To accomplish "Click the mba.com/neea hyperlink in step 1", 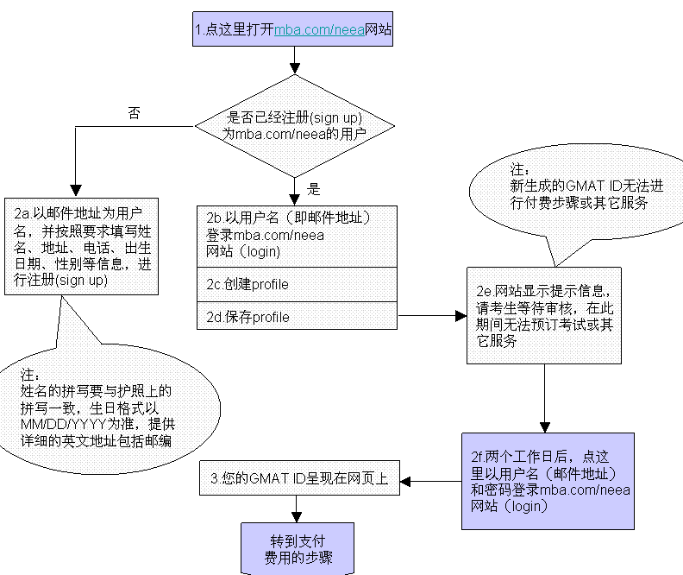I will [x=319, y=29].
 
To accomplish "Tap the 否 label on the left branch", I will [x=134, y=112].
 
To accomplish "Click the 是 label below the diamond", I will [x=314, y=189].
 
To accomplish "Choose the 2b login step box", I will [x=297, y=237].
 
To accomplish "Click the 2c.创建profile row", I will [x=297, y=284].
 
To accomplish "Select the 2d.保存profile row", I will [x=297, y=317].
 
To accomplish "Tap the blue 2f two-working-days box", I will [x=547, y=480].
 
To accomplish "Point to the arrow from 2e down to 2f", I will [x=543, y=397].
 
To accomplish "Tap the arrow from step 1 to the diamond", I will [x=294, y=59].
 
